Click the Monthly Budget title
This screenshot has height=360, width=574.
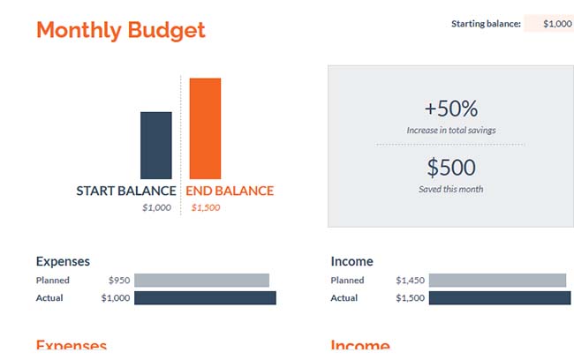(x=120, y=30)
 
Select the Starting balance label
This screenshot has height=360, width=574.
(x=486, y=24)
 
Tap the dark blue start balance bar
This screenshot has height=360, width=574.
(x=156, y=146)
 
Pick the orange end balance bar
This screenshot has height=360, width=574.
(x=205, y=129)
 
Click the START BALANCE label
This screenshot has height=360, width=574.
(x=126, y=191)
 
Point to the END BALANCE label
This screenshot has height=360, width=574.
(x=230, y=191)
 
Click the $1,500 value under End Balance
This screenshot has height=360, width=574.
(x=205, y=208)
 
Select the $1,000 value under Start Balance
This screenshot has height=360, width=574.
(x=156, y=208)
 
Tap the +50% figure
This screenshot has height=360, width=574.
(x=450, y=109)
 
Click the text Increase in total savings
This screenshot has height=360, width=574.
(x=450, y=131)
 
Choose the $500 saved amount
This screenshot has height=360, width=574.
(x=450, y=168)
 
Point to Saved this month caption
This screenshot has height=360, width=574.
(x=450, y=189)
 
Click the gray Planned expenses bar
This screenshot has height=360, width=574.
(x=201, y=281)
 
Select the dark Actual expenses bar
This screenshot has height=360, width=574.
(x=205, y=298)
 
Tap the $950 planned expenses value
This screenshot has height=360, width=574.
(x=119, y=281)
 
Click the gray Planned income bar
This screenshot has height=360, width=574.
(x=497, y=281)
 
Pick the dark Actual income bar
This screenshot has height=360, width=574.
(x=500, y=298)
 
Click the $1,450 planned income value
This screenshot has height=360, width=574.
(x=410, y=281)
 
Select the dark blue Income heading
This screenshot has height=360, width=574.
(x=351, y=261)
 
